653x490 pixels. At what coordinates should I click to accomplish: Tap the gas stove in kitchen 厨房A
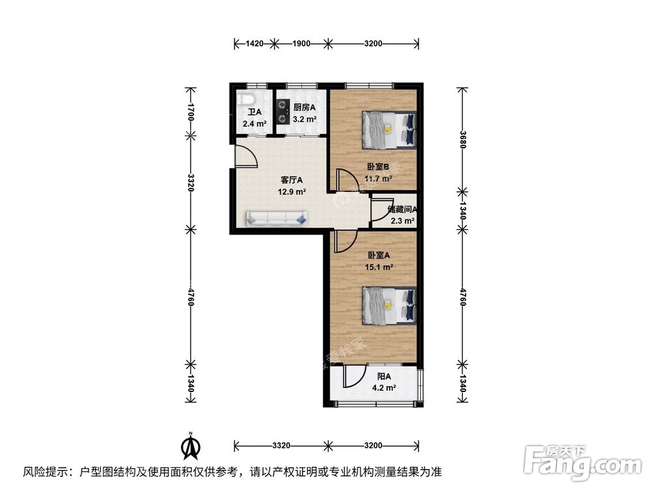[x=282, y=111]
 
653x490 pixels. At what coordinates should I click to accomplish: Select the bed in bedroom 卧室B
[x=389, y=129]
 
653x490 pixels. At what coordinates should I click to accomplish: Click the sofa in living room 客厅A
[x=277, y=218]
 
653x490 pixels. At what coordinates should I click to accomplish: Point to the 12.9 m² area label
[x=292, y=191]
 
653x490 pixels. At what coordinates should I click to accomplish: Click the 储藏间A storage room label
[x=402, y=210]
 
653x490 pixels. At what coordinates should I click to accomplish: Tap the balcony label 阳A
[x=384, y=376]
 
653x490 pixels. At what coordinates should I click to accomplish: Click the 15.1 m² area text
[x=379, y=267]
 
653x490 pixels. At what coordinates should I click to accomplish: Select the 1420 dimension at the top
[x=254, y=44]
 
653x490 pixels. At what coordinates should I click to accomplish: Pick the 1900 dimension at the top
[x=301, y=44]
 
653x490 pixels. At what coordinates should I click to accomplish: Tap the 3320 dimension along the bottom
[x=281, y=446]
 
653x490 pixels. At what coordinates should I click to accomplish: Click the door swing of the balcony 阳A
[x=356, y=378]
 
